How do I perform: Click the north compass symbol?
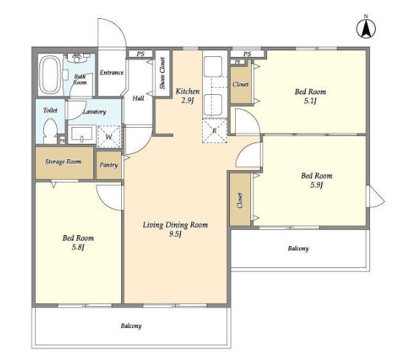click(x=366, y=27)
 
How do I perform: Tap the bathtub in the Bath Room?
click(x=50, y=75)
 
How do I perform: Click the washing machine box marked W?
click(x=109, y=137)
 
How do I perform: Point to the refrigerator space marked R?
click(x=215, y=131)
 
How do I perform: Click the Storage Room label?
click(x=63, y=161)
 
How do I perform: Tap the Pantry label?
click(x=109, y=165)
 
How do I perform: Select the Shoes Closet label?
click(x=162, y=73)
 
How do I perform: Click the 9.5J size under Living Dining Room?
click(x=175, y=234)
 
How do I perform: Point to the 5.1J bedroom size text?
click(x=310, y=101)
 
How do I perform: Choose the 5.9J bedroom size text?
click(x=317, y=185)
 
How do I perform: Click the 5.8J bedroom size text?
click(x=78, y=248)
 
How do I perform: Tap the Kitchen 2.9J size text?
click(x=188, y=101)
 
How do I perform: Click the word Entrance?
click(x=112, y=72)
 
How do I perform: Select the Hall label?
click(x=138, y=99)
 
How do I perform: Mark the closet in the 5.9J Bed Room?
click(x=240, y=199)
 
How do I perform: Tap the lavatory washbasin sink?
click(x=82, y=135)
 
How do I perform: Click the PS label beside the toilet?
click(x=62, y=141)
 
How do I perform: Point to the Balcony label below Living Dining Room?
click(x=131, y=326)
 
